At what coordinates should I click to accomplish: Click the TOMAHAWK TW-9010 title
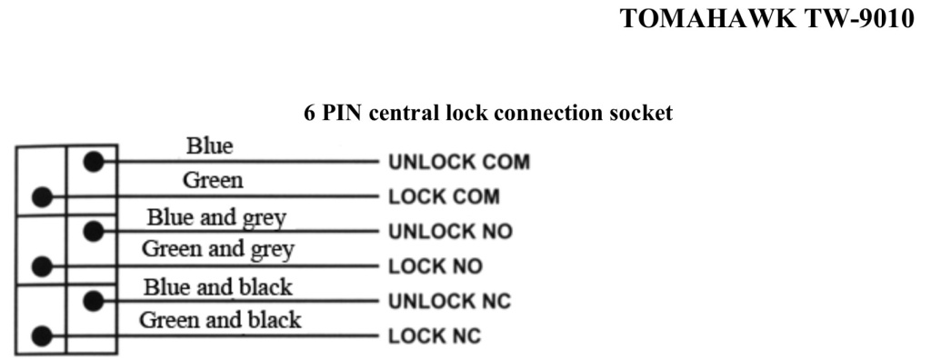[x=766, y=18]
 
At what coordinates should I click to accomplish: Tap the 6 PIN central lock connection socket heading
[x=488, y=113]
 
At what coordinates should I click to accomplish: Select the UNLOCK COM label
[x=459, y=162]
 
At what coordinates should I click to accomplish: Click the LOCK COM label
[x=444, y=196]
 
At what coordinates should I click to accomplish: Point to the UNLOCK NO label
[x=450, y=231]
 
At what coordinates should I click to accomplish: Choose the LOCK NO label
[x=435, y=266]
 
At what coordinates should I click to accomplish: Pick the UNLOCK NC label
[x=449, y=301]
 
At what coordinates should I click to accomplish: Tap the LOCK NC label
[x=434, y=336]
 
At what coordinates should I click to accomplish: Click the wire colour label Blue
[x=210, y=145]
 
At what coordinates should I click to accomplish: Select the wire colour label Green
[x=213, y=180]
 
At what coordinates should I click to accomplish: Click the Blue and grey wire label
[x=216, y=218]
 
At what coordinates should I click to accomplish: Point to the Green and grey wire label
[x=218, y=249]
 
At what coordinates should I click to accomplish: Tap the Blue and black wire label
[x=217, y=287]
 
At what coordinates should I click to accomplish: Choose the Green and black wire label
[x=220, y=320]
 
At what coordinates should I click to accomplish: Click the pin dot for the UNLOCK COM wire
[x=94, y=162]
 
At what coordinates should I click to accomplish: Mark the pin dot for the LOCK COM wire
[x=42, y=196]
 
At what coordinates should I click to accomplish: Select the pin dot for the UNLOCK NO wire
[x=94, y=231]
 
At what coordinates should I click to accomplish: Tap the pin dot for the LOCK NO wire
[x=42, y=266]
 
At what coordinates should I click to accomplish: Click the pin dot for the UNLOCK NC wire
[x=94, y=301]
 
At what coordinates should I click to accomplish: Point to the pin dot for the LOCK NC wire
[x=42, y=335]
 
